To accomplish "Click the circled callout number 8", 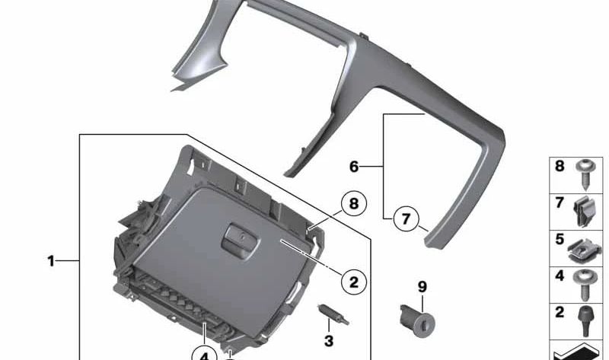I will pos(353,204).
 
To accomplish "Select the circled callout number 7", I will pos(406,220).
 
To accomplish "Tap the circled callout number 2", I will pos(353,282).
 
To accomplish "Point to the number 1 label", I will pos(51,261).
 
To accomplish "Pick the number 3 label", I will pos(329,340).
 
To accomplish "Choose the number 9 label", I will pos(422,287).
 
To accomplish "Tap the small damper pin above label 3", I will pos(327,313).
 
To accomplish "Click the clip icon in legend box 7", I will pos(585,212).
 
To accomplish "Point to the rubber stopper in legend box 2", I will pos(585,320).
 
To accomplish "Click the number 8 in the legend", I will pos(559,165).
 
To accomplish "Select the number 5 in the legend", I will pos(559,239).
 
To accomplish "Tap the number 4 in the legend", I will pos(559,276).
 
